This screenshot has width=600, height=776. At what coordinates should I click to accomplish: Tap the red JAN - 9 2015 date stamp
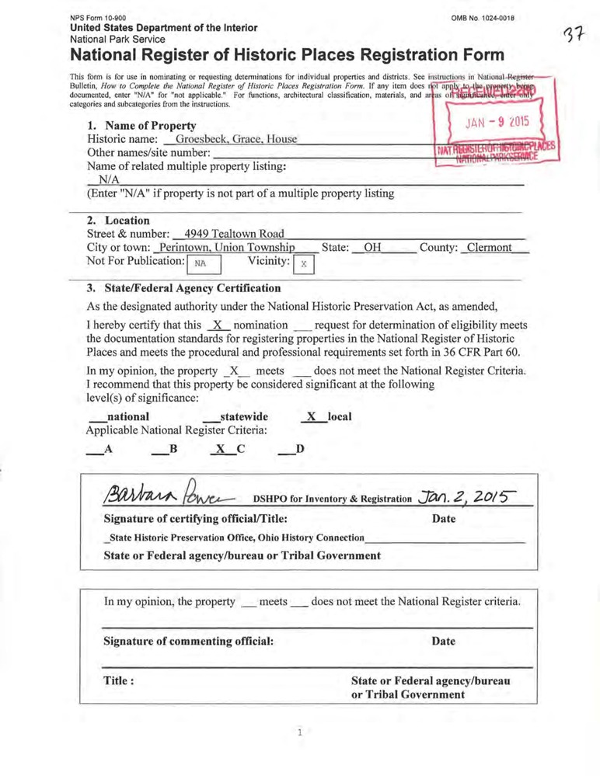point(497,121)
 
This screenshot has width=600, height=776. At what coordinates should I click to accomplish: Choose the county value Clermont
point(489,248)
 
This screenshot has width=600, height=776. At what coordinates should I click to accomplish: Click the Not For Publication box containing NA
point(201,263)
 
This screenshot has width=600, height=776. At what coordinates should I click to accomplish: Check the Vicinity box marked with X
point(304,264)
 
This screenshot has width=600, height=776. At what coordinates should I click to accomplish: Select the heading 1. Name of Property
point(141,125)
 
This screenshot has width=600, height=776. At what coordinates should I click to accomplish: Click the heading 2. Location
point(118,220)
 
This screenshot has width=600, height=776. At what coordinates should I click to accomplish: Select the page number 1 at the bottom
point(299,732)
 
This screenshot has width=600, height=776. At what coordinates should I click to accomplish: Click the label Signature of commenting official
point(189,642)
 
